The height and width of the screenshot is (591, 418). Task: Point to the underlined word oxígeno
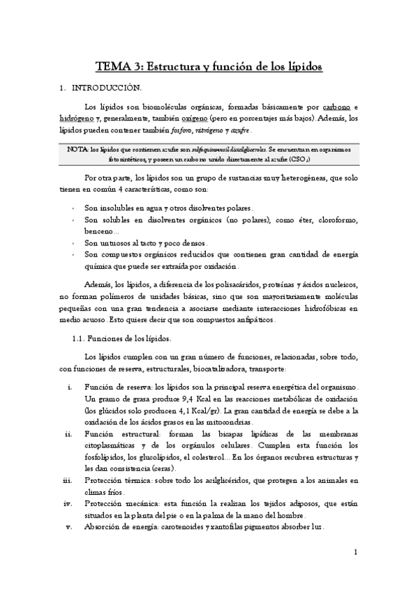tap(208, 118)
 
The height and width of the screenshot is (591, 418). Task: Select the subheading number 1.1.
tap(79, 339)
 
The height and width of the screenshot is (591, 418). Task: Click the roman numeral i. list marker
tap(68, 387)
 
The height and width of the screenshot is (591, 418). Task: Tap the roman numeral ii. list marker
tap(67, 433)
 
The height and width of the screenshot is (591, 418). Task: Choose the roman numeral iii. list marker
tap(66, 480)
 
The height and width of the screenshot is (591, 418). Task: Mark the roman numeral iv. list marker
tap(67, 503)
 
